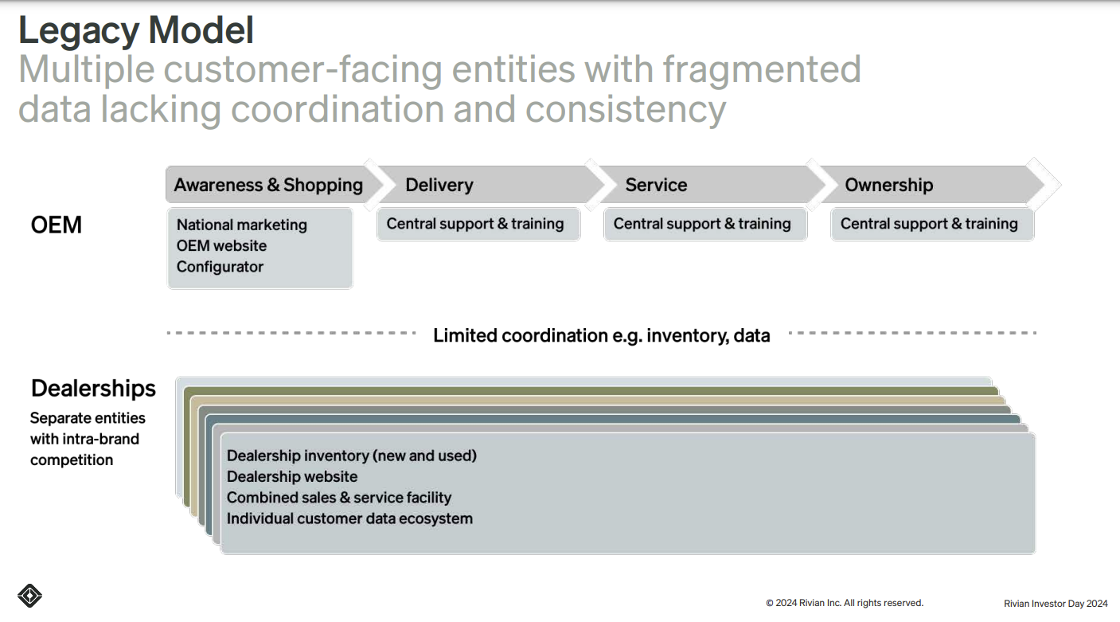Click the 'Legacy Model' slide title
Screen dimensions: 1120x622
click(136, 30)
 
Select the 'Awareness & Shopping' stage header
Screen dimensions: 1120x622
click(268, 185)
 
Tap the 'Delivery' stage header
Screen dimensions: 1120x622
click(439, 185)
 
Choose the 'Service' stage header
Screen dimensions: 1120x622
click(656, 185)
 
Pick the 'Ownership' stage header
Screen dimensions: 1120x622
click(888, 185)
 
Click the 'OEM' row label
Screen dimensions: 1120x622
click(56, 225)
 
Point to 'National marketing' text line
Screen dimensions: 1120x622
click(241, 225)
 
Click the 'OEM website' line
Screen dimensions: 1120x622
click(221, 246)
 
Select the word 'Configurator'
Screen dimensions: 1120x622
click(220, 267)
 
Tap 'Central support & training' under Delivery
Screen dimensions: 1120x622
click(475, 224)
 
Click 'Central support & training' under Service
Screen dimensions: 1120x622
click(702, 224)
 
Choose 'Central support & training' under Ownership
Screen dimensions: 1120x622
click(929, 224)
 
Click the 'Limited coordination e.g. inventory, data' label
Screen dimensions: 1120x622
click(601, 335)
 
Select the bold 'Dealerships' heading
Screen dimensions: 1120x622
click(93, 389)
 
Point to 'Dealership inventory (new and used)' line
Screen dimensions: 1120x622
click(352, 456)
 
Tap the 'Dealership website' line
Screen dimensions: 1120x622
click(292, 476)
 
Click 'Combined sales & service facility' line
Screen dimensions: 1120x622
click(339, 498)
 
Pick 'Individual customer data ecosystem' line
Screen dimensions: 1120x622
click(349, 518)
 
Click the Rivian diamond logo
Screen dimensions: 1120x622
click(29, 596)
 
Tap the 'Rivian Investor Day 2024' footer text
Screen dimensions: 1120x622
click(1056, 604)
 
